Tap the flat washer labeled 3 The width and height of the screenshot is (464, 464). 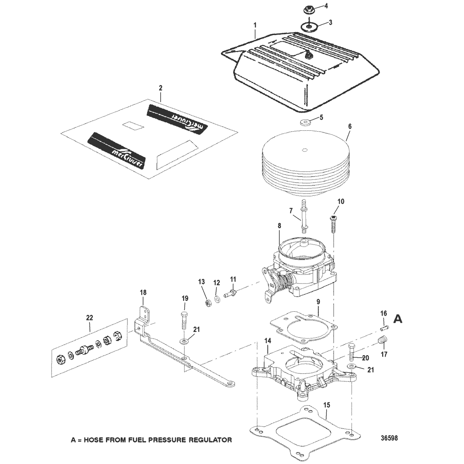pyautogui.click(x=310, y=27)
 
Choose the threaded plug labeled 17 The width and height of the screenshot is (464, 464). pyautogui.click(x=383, y=339)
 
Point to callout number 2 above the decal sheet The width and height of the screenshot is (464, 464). pyautogui.click(x=160, y=88)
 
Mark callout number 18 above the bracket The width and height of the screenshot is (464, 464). pyautogui.click(x=143, y=291)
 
